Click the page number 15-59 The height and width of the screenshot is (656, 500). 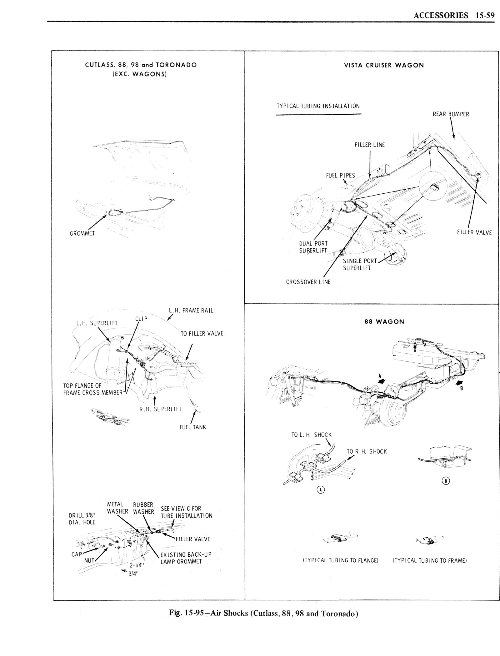pyautogui.click(x=483, y=16)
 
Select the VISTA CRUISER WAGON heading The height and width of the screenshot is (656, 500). pyautogui.click(x=384, y=65)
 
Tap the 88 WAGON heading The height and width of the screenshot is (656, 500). pyautogui.click(x=384, y=321)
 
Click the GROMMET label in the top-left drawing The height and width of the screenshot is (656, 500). pyautogui.click(x=82, y=233)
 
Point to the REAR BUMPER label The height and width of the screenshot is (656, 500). pyautogui.click(x=451, y=114)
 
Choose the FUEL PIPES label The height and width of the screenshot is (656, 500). pyautogui.click(x=341, y=176)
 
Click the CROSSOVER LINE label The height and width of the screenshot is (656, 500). pyautogui.click(x=308, y=282)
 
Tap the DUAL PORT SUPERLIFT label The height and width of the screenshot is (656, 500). pyautogui.click(x=313, y=247)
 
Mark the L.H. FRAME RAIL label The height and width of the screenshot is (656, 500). pyautogui.click(x=191, y=311)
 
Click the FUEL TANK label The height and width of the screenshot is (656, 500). pyautogui.click(x=193, y=427)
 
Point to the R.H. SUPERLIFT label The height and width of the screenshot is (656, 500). pyautogui.click(x=160, y=409)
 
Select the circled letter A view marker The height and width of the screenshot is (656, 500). pyautogui.click(x=320, y=490)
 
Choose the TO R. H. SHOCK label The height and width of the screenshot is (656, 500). pyautogui.click(x=367, y=452)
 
